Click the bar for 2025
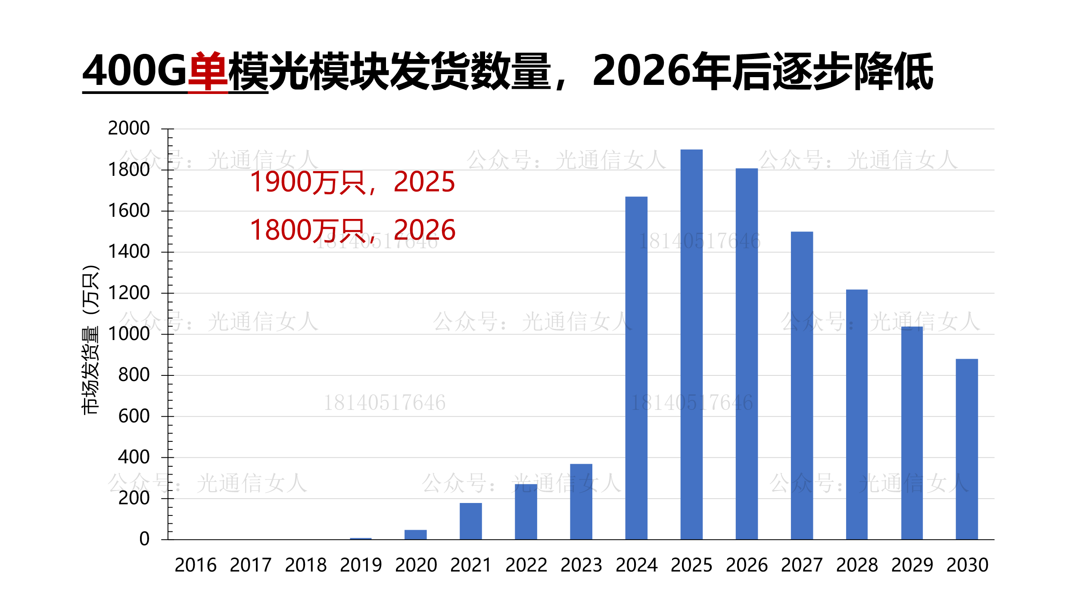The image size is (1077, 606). click(x=691, y=344)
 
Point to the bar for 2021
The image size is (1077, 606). click(x=470, y=521)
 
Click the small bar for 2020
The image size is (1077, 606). click(x=415, y=534)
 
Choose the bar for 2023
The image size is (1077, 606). click(x=581, y=502)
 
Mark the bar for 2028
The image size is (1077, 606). click(x=857, y=414)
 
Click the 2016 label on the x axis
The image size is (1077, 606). click(x=196, y=565)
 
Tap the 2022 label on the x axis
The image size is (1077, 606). click(x=526, y=565)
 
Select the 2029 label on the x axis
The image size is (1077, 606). click(x=912, y=565)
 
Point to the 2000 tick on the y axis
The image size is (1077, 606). click(x=129, y=128)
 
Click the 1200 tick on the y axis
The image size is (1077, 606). click(x=129, y=293)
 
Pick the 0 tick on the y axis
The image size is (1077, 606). click(x=144, y=539)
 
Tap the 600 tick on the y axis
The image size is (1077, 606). click(x=134, y=416)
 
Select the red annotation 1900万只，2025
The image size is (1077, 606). click(x=352, y=182)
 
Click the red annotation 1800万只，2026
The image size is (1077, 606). click(x=352, y=230)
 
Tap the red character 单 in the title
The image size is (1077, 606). click(x=208, y=71)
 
